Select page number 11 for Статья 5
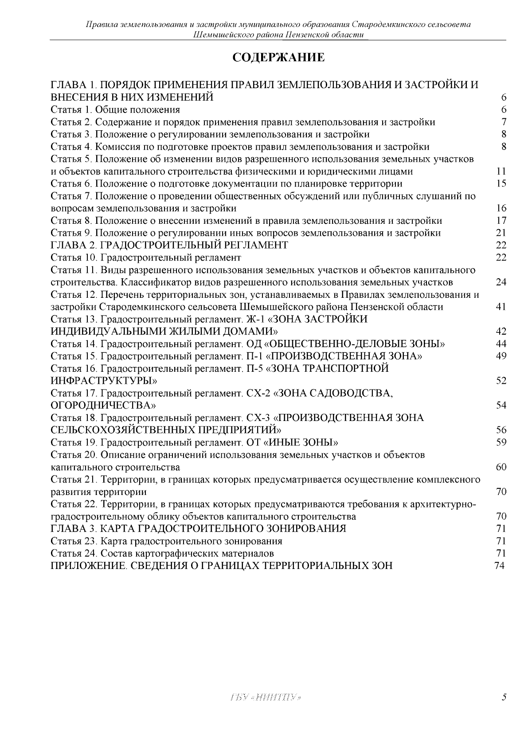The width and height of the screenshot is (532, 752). [501, 171]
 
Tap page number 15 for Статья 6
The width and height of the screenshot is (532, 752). [501, 183]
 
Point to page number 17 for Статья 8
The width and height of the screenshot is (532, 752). [501, 221]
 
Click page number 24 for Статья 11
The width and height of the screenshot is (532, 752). [501, 282]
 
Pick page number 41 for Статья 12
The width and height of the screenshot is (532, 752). [501, 307]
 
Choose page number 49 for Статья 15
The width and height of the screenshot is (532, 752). [501, 356]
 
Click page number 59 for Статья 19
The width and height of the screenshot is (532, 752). [501, 442]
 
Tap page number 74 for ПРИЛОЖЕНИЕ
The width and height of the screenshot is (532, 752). [499, 566]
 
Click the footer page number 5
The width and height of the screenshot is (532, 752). [504, 697]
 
